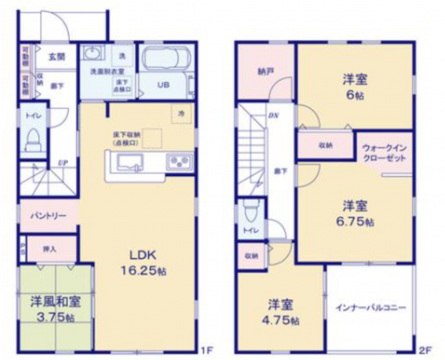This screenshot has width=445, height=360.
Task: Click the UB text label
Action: point(162,86)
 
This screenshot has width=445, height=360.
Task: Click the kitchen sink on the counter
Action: point(130,163)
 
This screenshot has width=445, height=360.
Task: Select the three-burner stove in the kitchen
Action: point(178,163)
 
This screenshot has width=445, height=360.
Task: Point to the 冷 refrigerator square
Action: point(181,112)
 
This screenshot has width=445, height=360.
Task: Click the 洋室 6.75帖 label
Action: point(355,211)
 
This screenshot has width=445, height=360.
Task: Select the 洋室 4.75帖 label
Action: point(283,312)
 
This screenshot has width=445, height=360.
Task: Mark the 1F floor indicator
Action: point(206,349)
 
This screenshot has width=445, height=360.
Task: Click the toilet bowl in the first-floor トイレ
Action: point(34,142)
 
